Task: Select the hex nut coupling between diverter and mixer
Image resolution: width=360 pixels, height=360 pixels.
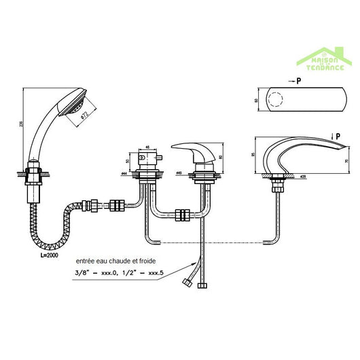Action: coord(181,216)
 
